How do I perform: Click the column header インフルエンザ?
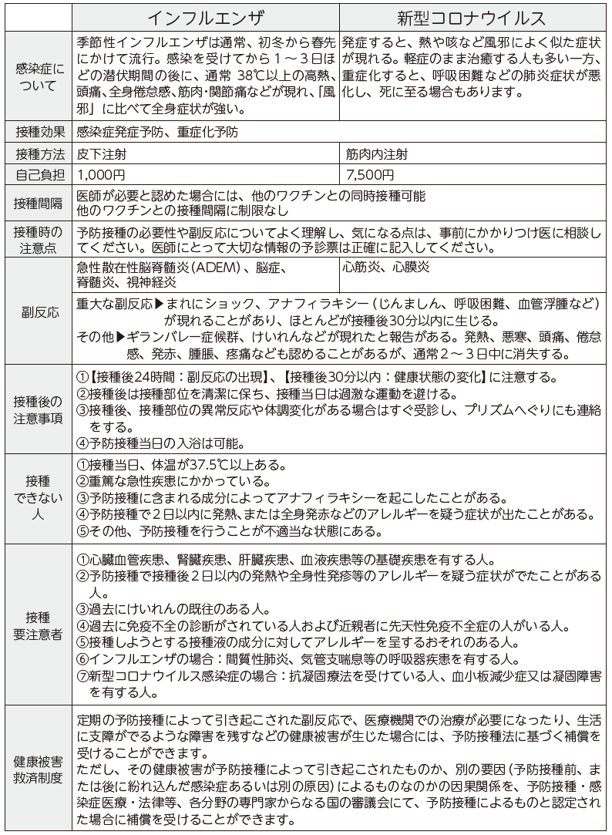click(x=204, y=16)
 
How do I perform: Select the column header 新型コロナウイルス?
click(x=472, y=16)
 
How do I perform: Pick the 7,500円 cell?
click(x=371, y=175)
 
